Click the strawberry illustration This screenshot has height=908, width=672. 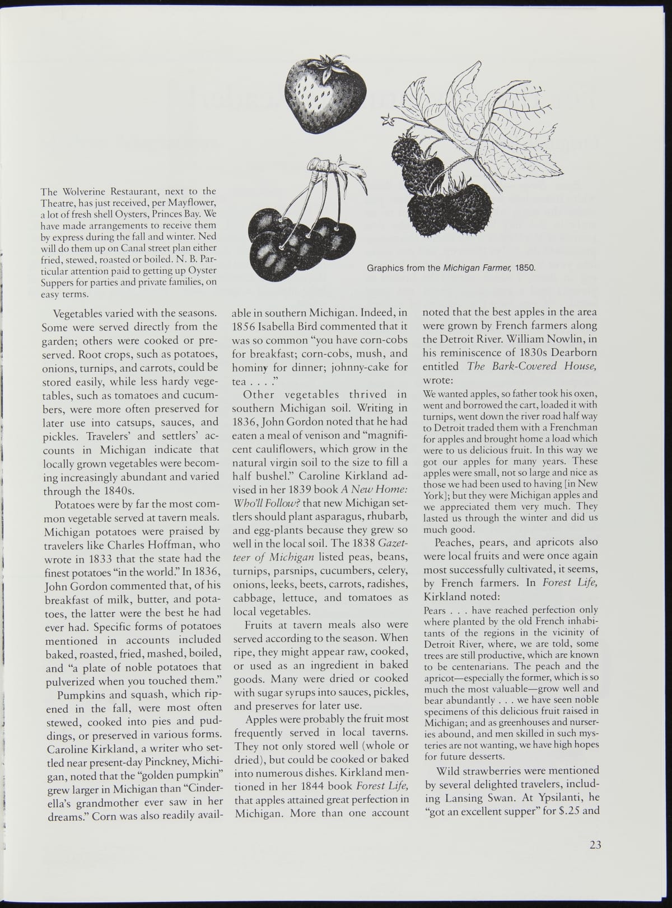[x=325, y=92]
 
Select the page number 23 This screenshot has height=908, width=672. [x=595, y=845]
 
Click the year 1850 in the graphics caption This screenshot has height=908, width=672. [x=526, y=268]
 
